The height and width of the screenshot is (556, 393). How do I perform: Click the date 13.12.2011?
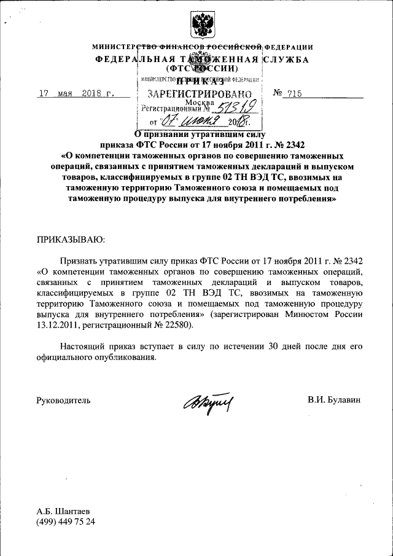(x=62, y=324)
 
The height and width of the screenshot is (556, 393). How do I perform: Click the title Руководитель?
(x=64, y=400)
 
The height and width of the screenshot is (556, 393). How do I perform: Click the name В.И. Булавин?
(x=334, y=400)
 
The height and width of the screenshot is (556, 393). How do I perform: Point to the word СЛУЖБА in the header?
(x=285, y=60)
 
